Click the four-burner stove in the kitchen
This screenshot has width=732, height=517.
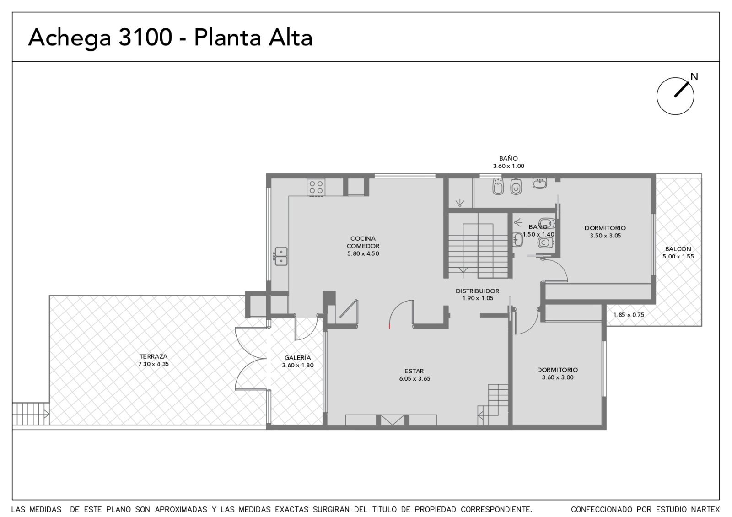pos(316,187)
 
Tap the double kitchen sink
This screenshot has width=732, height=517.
pos(281,256)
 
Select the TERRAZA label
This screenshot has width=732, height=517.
pos(154,356)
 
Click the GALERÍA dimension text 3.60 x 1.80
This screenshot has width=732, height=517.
pos(298,366)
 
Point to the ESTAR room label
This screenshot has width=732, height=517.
pos(414,371)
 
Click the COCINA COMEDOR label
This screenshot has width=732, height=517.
pos(363,242)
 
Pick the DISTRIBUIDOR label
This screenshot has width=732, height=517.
pos(478,291)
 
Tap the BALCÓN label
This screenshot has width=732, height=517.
pos(678,249)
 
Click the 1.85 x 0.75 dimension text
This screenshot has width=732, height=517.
pos(629,315)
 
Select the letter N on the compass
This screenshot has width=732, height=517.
pos(694,77)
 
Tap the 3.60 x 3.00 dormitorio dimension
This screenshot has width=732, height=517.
pos(558,377)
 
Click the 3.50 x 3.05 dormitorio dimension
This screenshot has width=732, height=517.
pos(605,236)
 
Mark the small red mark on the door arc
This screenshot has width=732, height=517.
pos(389,326)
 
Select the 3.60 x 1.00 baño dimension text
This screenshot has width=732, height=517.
pos(508,166)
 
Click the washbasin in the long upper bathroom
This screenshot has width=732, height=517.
pos(539,183)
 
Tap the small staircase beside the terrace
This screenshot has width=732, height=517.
pos(31,414)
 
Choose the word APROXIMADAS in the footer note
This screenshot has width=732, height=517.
pos(181,509)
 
